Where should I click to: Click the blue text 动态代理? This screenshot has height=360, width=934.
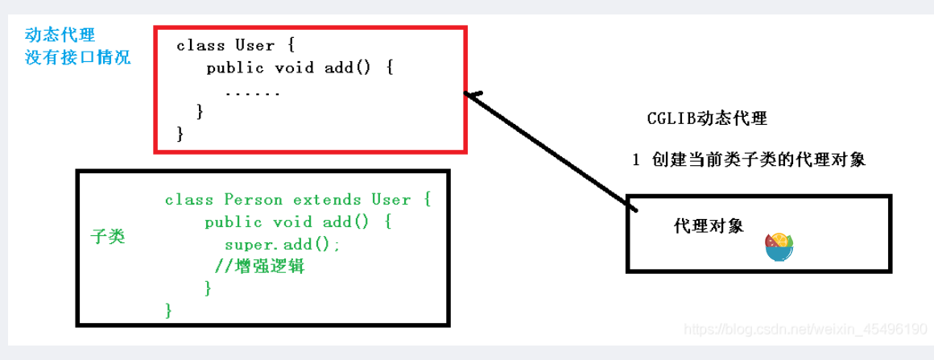(60, 35)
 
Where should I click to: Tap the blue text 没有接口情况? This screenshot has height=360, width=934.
(77, 58)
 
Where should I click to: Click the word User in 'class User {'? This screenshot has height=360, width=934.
(255, 45)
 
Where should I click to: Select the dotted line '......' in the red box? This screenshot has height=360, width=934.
(253, 92)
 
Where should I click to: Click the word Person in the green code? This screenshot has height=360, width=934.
(250, 199)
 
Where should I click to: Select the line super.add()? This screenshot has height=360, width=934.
(283, 244)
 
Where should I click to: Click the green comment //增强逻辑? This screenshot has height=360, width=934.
(259, 267)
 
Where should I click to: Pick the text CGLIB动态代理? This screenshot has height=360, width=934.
(707, 119)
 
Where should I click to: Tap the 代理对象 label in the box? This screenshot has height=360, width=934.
(709, 226)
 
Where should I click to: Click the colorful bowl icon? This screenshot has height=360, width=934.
(779, 247)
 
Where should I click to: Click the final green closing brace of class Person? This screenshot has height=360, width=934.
(168, 309)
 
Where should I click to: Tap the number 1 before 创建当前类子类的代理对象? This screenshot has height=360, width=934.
(636, 159)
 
